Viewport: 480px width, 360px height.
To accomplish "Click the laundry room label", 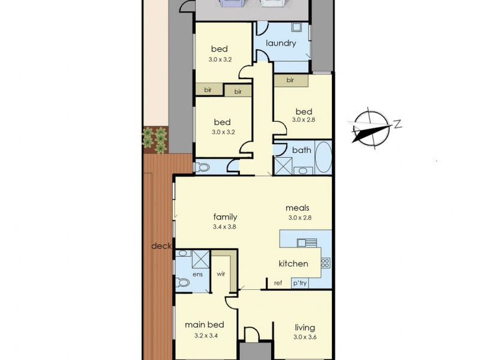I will [x=281, y=43].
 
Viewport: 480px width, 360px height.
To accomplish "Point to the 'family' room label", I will [x=225, y=217].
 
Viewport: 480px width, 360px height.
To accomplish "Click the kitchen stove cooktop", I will [x=326, y=262].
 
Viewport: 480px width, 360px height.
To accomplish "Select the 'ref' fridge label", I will [x=278, y=283].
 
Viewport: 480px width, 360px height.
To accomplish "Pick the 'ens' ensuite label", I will [x=197, y=274].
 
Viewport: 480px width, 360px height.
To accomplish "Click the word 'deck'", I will [x=161, y=246].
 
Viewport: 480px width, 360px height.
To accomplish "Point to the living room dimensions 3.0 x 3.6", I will [x=305, y=338].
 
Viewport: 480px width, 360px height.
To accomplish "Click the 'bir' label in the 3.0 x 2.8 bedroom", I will [x=290, y=80].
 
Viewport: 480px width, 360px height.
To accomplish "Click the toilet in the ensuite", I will [x=182, y=282].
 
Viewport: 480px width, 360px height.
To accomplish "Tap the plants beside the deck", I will [x=155, y=139].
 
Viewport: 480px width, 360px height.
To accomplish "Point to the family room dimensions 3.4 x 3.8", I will [x=225, y=227].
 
